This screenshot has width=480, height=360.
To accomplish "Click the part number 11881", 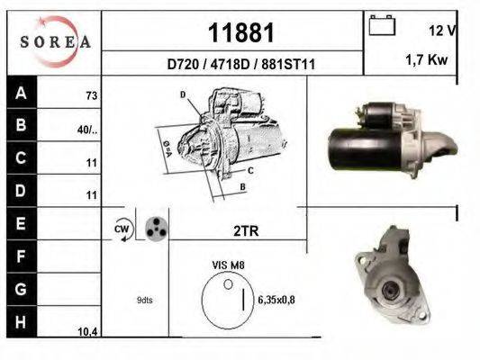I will pyautogui.click(x=240, y=33).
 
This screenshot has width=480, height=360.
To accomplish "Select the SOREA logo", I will pyautogui.click(x=54, y=41).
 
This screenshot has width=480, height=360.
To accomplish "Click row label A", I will pyautogui.click(x=20, y=92).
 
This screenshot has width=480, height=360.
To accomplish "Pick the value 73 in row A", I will pyautogui.click(x=90, y=94).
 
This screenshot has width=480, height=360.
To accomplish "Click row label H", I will pyautogui.click(x=20, y=322).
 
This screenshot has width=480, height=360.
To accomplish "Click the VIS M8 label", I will pyautogui.click(x=227, y=266).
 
